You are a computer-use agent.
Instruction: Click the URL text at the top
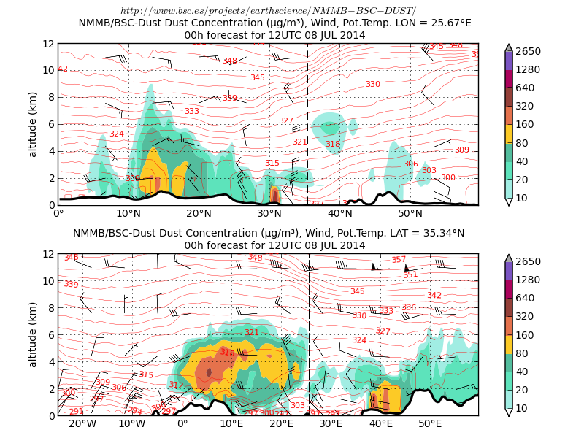point(268,10)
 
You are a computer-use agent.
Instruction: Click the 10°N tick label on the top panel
point(129,214)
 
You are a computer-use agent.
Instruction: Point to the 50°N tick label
point(410,214)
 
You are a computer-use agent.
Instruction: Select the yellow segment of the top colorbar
point(509,134)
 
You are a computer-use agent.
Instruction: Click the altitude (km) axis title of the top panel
point(32,124)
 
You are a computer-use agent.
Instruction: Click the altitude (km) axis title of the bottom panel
point(32,334)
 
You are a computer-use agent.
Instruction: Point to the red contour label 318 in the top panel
point(333,145)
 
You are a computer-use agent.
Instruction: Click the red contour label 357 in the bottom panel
point(399,260)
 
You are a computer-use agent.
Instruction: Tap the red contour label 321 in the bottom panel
point(251,333)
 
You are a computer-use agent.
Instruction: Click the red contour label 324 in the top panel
point(117,134)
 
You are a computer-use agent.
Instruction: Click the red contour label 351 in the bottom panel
point(410,275)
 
